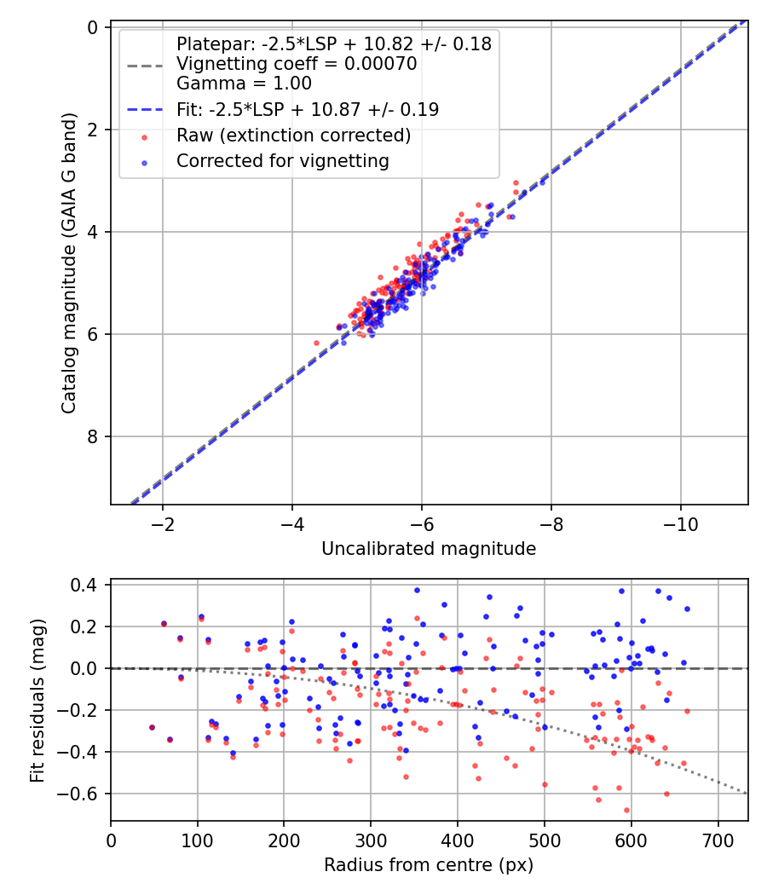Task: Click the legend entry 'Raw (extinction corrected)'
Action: coord(293,136)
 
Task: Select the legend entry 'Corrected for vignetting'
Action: coord(282,161)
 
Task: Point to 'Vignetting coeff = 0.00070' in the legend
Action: coord(297,64)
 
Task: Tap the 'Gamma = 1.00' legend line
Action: coord(244,84)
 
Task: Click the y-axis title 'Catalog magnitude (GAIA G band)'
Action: coord(69,265)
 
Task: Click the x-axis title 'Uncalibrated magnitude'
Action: coord(429,549)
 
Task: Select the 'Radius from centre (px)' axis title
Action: coord(429,865)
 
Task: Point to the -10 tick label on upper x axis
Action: coord(680,523)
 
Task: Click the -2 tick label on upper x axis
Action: coord(162,523)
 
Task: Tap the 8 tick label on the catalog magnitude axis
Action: coord(92,436)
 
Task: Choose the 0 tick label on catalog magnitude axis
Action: coord(92,27)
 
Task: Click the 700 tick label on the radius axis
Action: coord(718,840)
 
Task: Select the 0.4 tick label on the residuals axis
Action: coord(85,585)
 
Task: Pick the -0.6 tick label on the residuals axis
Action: coord(82,794)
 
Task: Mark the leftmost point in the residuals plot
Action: coord(152,727)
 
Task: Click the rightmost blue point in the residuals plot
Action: coord(687,609)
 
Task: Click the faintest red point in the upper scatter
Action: coord(316,343)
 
